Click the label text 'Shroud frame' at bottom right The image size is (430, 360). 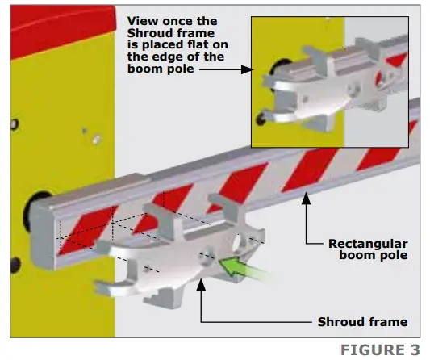(362, 322)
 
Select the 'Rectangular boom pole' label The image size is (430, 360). (368, 249)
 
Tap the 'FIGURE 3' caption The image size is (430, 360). (380, 350)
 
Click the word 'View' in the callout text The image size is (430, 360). (143, 21)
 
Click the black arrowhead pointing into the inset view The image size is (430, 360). (247, 69)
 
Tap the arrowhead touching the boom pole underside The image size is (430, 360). (306, 198)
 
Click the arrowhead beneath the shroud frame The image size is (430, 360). (201, 284)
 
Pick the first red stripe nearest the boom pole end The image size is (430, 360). (87, 231)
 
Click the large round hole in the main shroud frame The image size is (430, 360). (237, 243)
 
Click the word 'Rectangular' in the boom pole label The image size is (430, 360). (368, 244)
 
